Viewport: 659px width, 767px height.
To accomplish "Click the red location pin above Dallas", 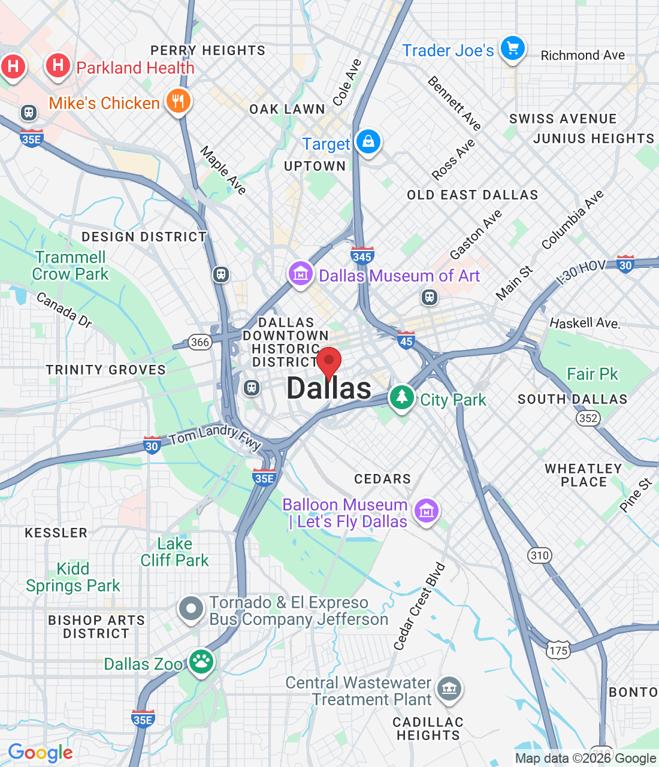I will (329, 362).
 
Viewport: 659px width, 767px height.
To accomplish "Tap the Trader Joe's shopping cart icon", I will (513, 49).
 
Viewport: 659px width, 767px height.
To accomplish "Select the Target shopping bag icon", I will (368, 142).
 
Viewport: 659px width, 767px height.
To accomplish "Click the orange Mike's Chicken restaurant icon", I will (178, 101).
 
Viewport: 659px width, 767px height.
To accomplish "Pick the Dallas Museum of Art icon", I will (300, 274).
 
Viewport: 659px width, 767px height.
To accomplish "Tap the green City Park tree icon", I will (401, 397).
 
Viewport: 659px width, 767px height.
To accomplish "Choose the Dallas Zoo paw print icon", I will (201, 662).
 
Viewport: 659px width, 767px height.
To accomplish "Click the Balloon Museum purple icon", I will (426, 511).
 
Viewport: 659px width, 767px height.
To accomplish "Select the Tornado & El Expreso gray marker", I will (191, 609).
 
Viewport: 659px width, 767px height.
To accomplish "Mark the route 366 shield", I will (200, 342).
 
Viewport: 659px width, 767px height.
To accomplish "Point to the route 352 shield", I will (588, 418).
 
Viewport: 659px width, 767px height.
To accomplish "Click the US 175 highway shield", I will (558, 650).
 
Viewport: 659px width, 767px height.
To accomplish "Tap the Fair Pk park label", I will (592, 375).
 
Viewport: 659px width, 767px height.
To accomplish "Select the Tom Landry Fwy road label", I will (215, 437).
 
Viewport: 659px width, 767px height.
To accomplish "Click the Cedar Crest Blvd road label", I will (419, 606).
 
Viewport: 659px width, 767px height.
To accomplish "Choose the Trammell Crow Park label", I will (71, 265).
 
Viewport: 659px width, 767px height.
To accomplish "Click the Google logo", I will (41, 753).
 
